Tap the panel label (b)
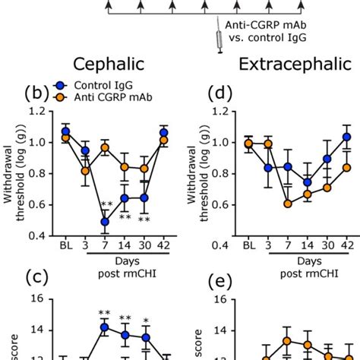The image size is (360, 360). [37, 94]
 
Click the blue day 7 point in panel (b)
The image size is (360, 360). [105, 222]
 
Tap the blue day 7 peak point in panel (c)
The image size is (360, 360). [105, 328]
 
